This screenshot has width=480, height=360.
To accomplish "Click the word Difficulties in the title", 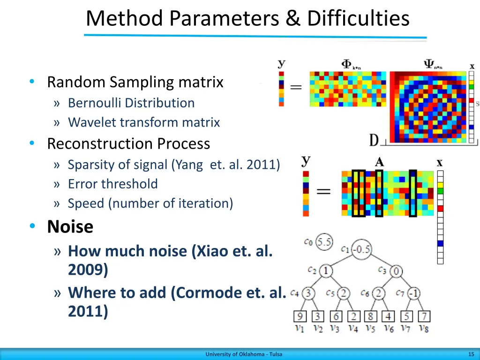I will pyautogui.click(x=358, y=19).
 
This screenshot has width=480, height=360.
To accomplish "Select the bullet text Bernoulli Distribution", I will pyautogui.click(x=131, y=103).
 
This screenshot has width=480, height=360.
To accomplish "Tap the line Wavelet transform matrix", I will pyautogui.click(x=143, y=122).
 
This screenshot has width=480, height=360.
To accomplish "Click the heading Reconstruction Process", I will pyautogui.click(x=128, y=143).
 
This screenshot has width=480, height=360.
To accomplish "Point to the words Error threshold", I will pyautogui.click(x=112, y=184).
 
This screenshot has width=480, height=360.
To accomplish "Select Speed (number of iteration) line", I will pyautogui.click(x=150, y=203).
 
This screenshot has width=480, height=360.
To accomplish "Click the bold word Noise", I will pyautogui.click(x=70, y=227).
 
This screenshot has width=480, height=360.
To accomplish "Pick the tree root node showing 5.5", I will pyautogui.click(x=324, y=242).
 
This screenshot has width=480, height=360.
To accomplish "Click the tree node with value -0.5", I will pyautogui.click(x=361, y=249).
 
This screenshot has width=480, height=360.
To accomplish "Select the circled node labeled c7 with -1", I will pyautogui.click(x=413, y=293).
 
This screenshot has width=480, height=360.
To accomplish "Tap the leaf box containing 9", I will pyautogui.click(x=300, y=316).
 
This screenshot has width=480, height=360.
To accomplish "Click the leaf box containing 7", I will pyautogui.click(x=424, y=316).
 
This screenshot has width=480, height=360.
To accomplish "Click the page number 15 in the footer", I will pyautogui.click(x=471, y=354).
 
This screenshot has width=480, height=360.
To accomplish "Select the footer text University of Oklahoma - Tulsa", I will pyautogui.click(x=244, y=354).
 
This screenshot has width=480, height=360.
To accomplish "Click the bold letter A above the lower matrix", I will pyautogui.click(x=379, y=162).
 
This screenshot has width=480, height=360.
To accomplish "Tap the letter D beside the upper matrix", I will pyautogui.click(x=374, y=140).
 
